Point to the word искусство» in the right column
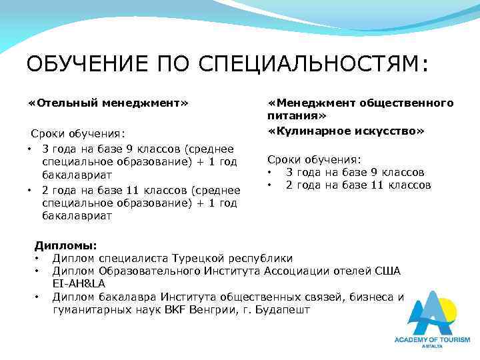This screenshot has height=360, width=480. click(x=387, y=132)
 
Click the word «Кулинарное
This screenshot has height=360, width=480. click(x=307, y=132)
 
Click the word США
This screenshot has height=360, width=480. click(x=387, y=271)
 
